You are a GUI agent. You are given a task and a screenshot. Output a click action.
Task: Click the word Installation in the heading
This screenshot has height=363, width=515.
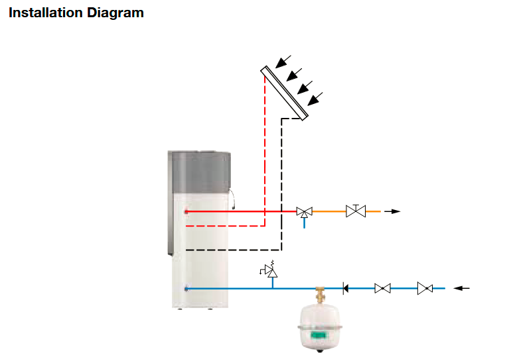pyautogui.click(x=46, y=13)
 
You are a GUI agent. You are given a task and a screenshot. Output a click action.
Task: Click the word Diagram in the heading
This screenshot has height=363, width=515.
pyautogui.click(x=115, y=13)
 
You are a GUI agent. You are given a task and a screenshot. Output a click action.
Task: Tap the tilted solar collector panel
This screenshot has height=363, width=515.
pyautogui.click(x=285, y=93)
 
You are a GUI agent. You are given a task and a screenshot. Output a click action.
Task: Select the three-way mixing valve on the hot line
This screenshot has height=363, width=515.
pyautogui.click(x=304, y=212)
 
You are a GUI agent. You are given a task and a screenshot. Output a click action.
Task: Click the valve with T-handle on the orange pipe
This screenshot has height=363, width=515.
pyautogui.click(x=356, y=211)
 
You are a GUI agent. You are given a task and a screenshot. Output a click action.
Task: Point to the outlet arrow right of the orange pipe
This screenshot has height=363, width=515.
pyautogui.click(x=392, y=211)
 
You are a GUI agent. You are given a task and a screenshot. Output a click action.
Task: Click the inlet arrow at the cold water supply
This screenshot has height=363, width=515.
pyautogui.click(x=461, y=288)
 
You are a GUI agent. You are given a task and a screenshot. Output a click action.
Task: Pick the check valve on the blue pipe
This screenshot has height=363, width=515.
pyautogui.click(x=345, y=289)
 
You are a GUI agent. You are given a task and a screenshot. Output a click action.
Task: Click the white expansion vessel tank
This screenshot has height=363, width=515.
pyautogui.click(x=319, y=328)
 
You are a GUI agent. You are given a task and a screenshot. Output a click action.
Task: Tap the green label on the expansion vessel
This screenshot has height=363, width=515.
pyautogui.click(x=319, y=335)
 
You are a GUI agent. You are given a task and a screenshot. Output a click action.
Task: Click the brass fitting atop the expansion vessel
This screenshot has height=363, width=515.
pyautogui.click(x=320, y=295)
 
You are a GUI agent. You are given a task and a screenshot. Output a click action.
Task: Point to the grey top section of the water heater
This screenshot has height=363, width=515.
pyautogui.click(x=199, y=172)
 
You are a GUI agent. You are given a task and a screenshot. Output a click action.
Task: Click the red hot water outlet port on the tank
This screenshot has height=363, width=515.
pyautogui.click(x=186, y=212)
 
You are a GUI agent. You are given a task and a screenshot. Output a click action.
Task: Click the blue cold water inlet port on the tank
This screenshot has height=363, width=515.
pyautogui.click(x=186, y=289)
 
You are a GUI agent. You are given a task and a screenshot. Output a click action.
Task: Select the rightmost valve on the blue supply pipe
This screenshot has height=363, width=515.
pyautogui.click(x=425, y=288)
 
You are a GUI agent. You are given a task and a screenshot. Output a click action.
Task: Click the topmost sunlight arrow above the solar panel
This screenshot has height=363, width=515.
pyautogui.click(x=283, y=62)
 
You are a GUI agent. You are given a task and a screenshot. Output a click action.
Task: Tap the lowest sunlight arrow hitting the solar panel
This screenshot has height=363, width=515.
pyautogui.click(x=315, y=99)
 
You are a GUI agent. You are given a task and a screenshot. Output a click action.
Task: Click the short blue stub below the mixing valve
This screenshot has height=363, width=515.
pyautogui.click(x=304, y=223)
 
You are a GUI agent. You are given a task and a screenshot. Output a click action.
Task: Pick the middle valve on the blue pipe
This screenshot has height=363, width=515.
pyautogui.click(x=383, y=289)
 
